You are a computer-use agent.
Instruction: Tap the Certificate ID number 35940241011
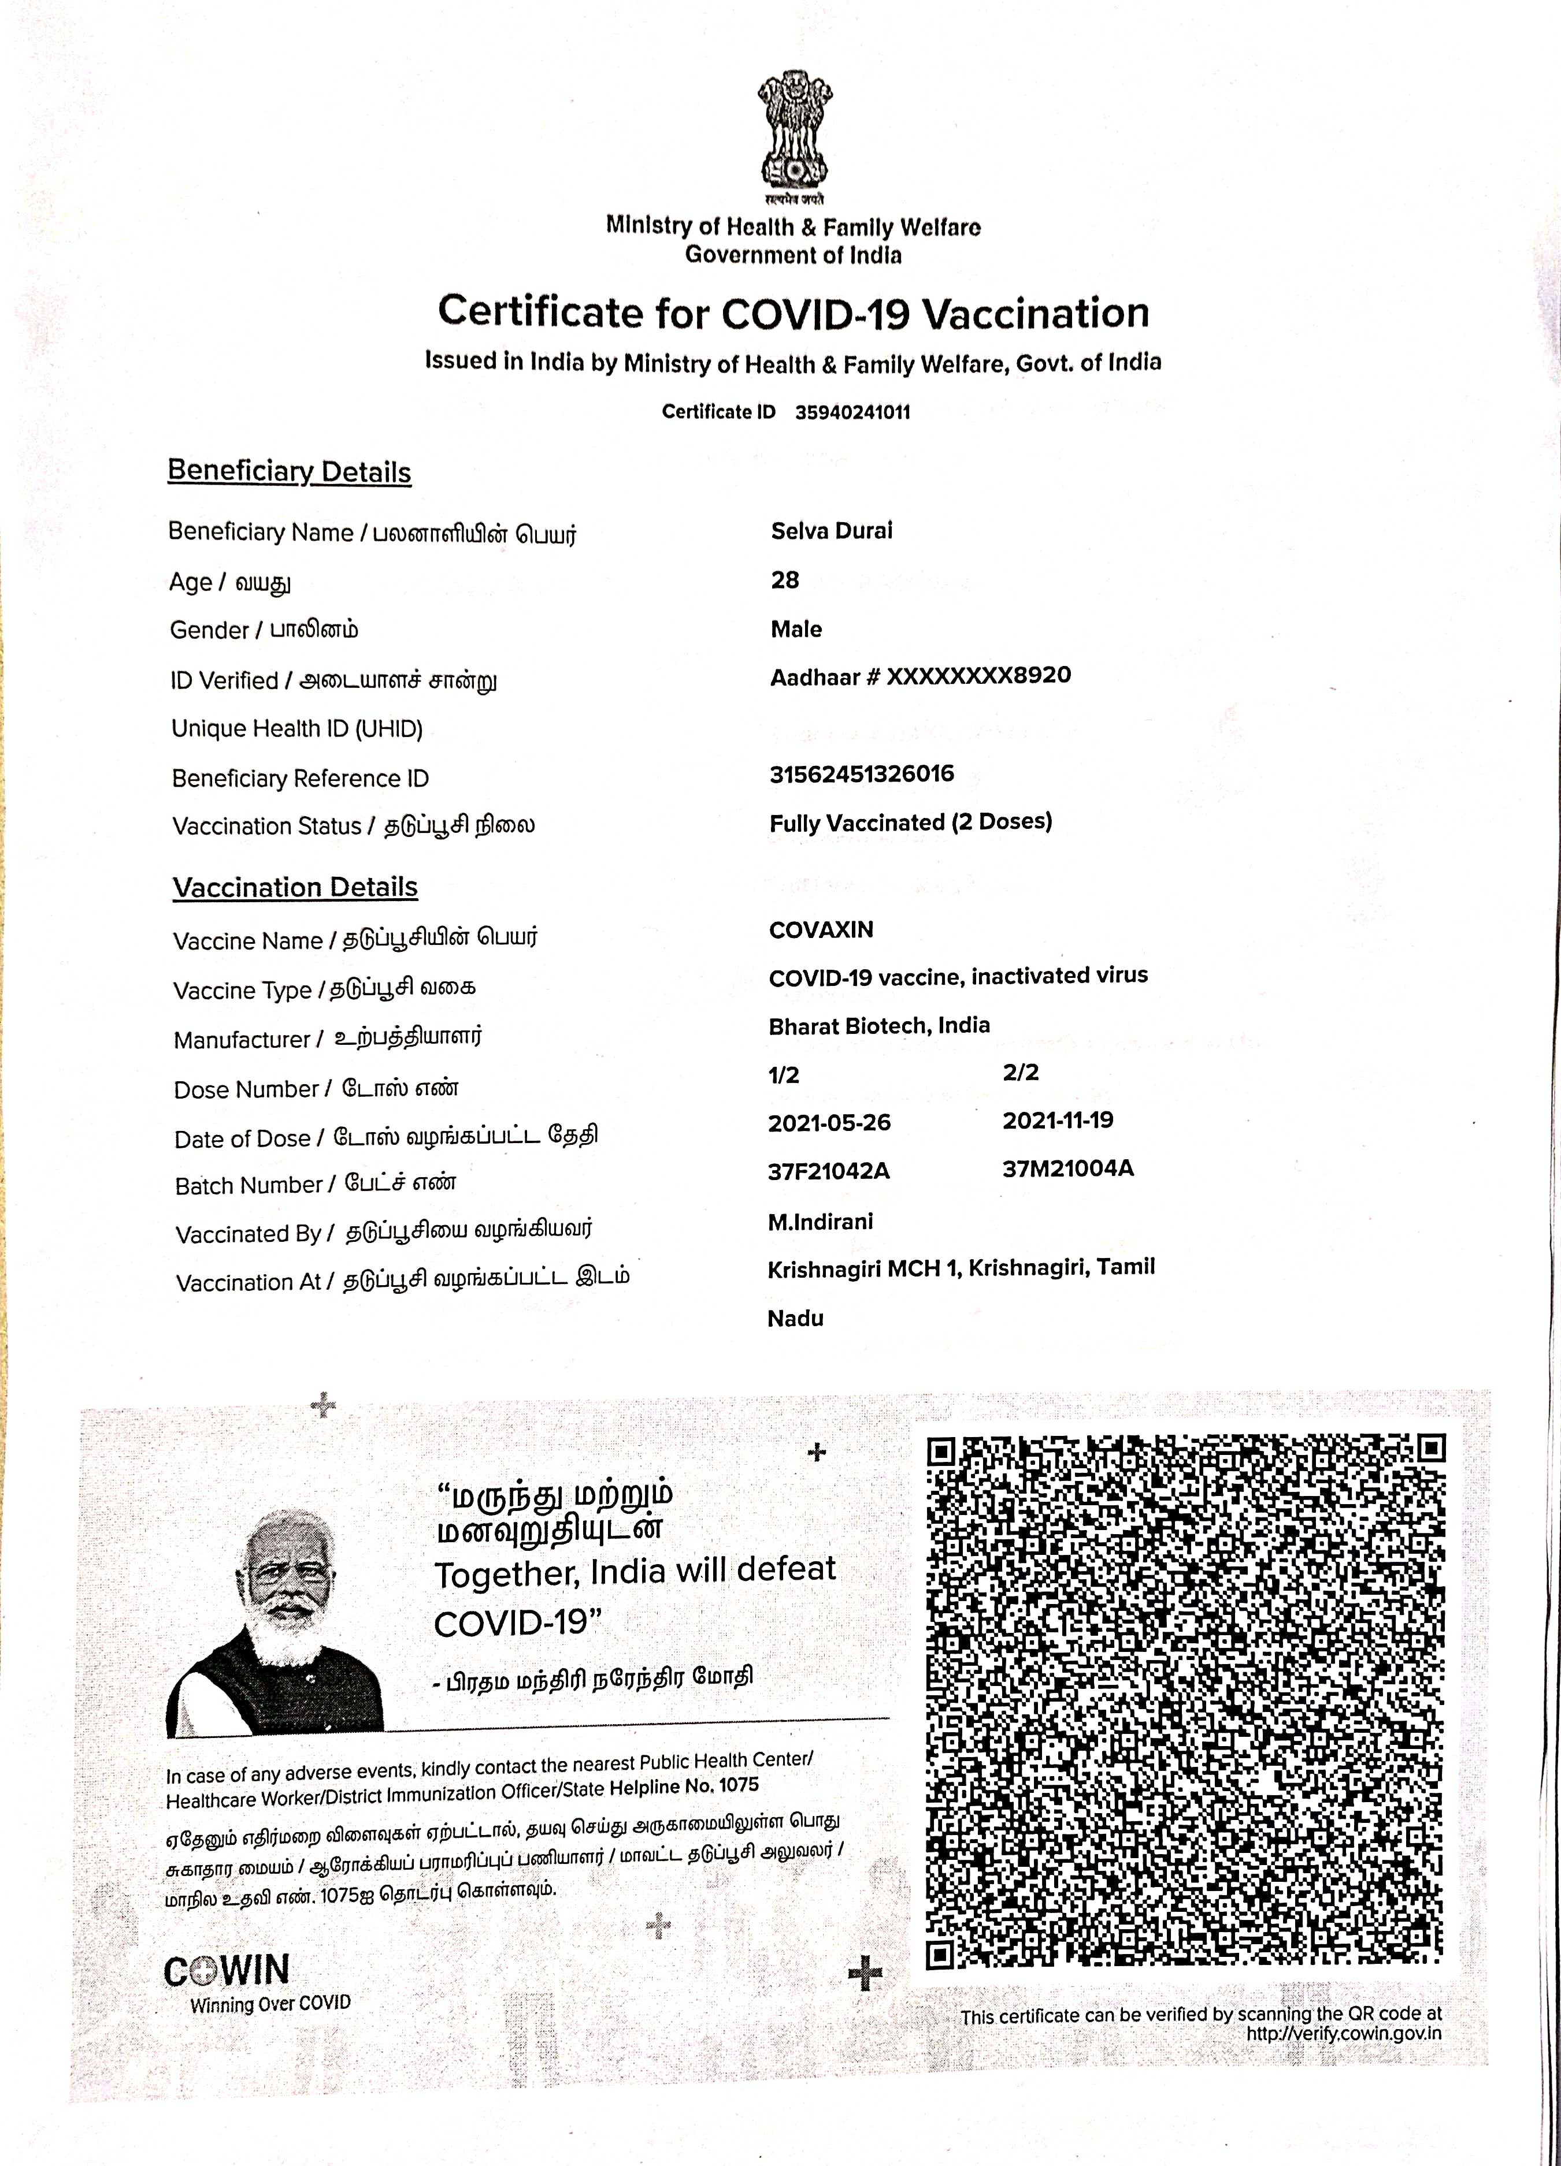click(852, 412)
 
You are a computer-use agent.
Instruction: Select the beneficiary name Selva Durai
click(831, 531)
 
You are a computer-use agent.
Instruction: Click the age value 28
click(784, 580)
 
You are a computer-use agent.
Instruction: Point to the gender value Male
click(796, 630)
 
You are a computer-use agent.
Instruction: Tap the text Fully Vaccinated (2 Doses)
click(910, 823)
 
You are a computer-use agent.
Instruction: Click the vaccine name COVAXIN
click(821, 930)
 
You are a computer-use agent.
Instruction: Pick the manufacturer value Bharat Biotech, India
click(879, 1026)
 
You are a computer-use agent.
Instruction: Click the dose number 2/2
click(1020, 1073)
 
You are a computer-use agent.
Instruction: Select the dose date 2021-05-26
click(829, 1123)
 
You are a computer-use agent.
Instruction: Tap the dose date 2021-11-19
click(1058, 1120)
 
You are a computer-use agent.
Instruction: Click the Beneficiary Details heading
click(290, 472)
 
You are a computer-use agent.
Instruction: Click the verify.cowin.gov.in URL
click(1343, 2033)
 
